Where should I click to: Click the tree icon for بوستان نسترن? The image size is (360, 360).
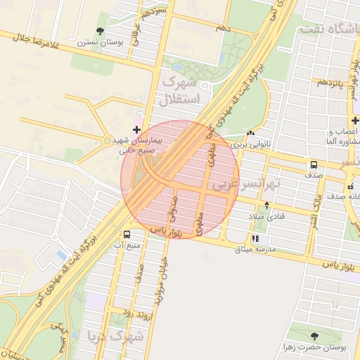[101, 32]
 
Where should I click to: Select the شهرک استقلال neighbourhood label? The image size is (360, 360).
[181, 91]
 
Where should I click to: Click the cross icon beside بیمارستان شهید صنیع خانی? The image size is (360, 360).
[136, 129]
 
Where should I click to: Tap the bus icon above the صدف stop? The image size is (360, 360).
[312, 165]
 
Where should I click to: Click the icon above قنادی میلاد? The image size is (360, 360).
[266, 205]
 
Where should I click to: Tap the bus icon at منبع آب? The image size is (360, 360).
[127, 234]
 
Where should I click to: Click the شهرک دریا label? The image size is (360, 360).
[115, 336]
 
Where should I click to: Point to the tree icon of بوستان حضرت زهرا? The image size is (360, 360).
[314, 335]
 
